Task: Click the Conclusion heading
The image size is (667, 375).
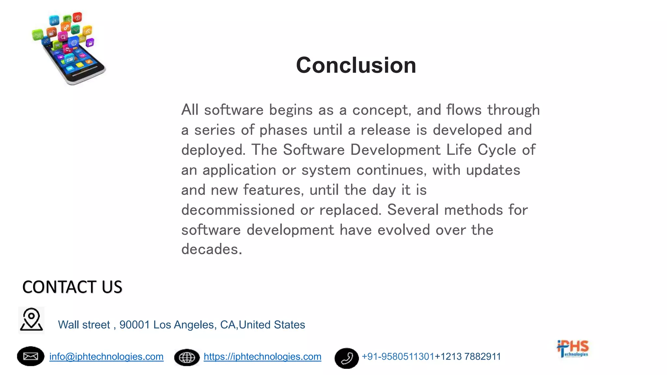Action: tap(356, 65)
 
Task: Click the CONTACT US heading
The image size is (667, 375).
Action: tap(72, 287)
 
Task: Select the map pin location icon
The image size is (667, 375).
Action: tap(31, 320)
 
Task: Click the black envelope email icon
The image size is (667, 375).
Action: tap(31, 356)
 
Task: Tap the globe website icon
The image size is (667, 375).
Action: tap(187, 357)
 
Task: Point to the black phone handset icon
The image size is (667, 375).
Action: tap(347, 358)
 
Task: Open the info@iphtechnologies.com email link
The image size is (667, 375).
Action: tap(106, 356)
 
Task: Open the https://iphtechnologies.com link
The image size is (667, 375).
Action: tap(262, 356)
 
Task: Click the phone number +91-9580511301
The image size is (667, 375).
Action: tap(398, 356)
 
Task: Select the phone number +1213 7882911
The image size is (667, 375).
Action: tap(468, 356)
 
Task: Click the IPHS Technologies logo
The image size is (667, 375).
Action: tap(573, 349)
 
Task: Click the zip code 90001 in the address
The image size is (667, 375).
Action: tap(135, 325)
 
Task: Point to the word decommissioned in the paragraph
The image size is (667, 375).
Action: tap(238, 210)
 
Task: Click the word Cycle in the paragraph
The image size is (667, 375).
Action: tap(497, 150)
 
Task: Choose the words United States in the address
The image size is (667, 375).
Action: tap(272, 325)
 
